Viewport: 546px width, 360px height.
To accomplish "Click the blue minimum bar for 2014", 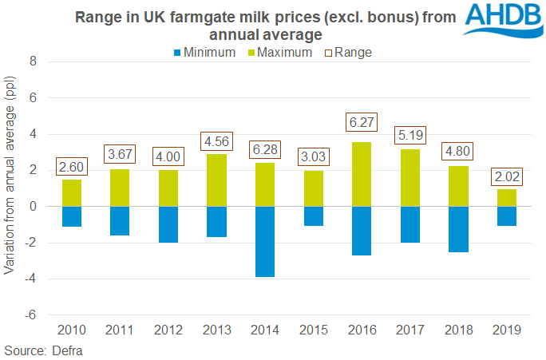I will [x=267, y=241].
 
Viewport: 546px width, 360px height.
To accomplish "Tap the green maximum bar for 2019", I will [x=506, y=197].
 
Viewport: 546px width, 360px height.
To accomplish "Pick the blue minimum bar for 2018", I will [x=458, y=229].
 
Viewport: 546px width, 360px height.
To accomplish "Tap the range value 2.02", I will [x=506, y=175].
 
